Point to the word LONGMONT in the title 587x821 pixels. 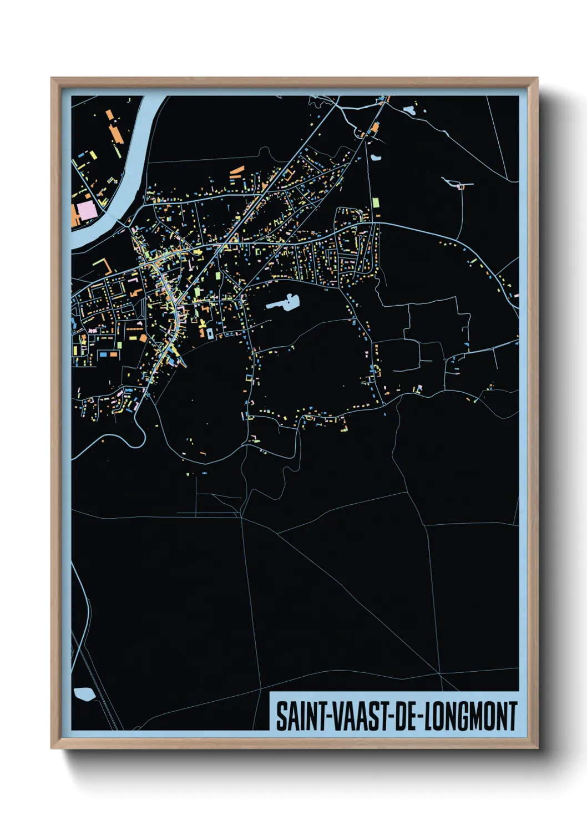click(x=471, y=716)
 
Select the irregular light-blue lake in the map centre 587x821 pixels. click(x=285, y=303)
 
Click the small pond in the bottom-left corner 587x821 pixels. click(x=84, y=694)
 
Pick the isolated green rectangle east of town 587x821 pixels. click(x=376, y=203)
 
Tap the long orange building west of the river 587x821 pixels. click(x=116, y=133)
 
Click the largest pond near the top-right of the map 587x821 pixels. click(x=410, y=109)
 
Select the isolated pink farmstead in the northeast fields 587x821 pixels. click(x=460, y=186)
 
